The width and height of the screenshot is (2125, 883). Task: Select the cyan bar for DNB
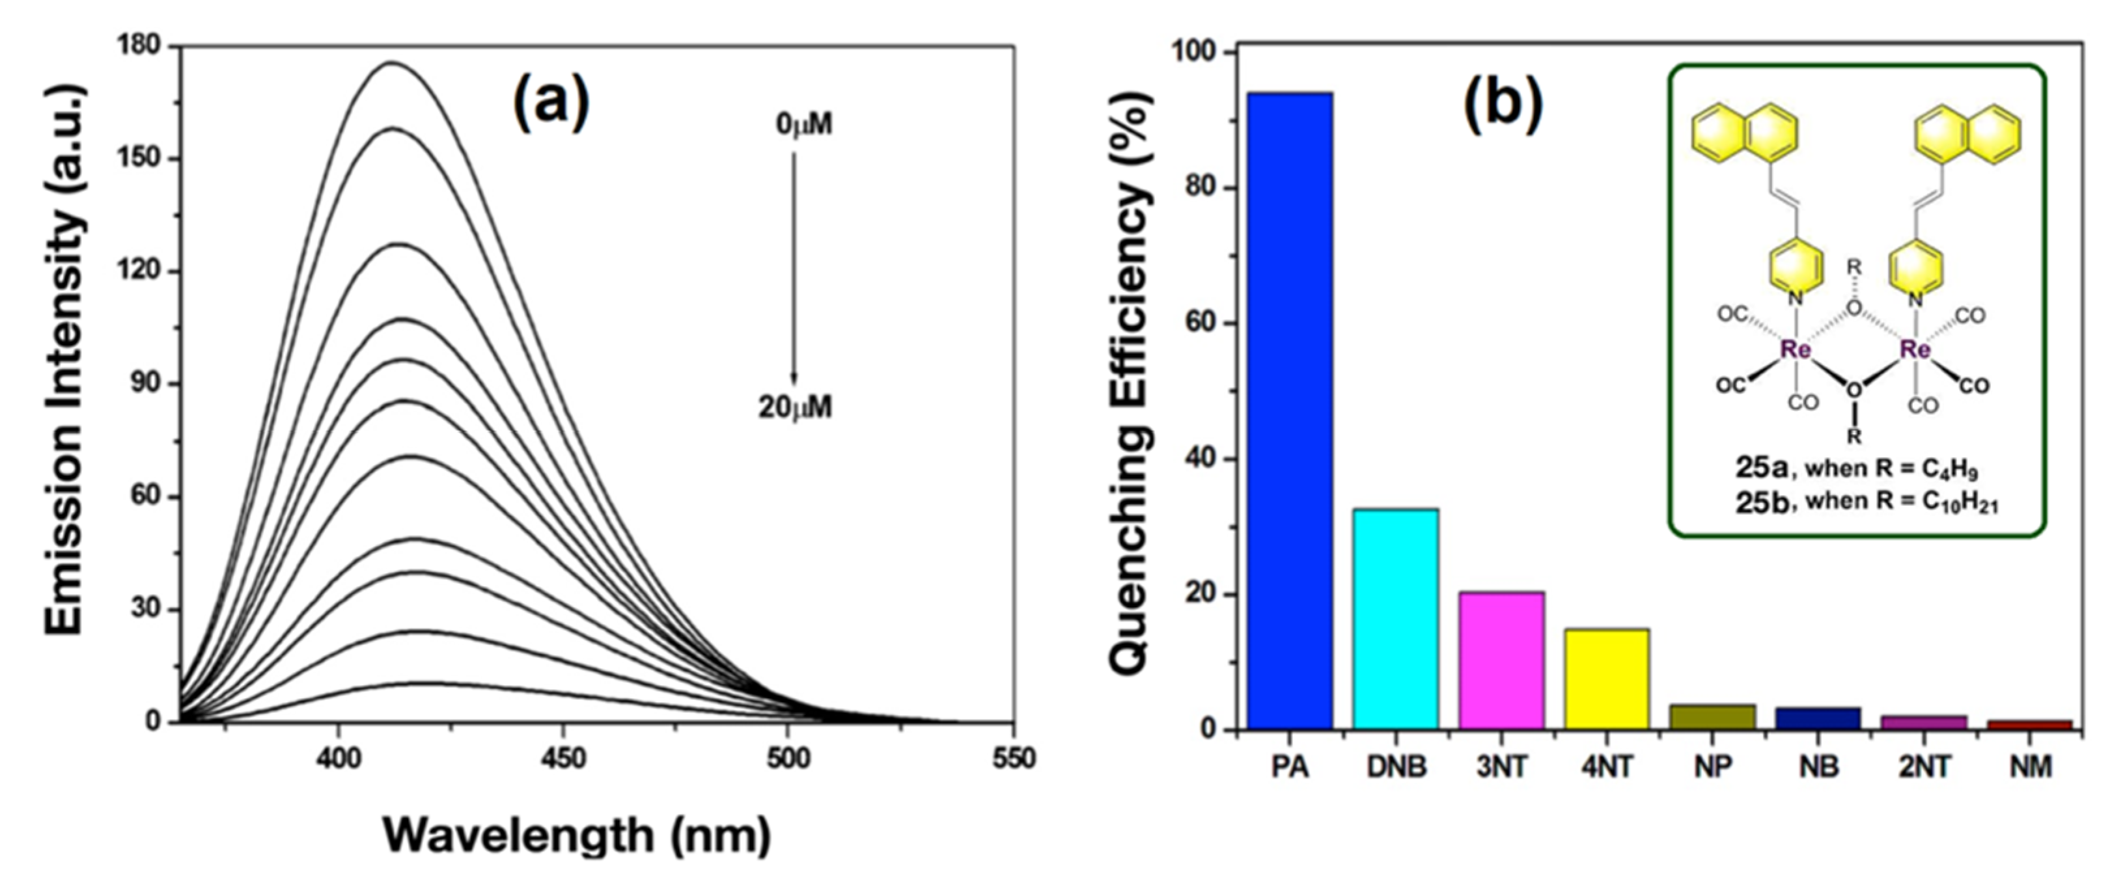tap(1395, 618)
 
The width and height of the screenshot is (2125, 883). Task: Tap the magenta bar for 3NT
tap(1501, 660)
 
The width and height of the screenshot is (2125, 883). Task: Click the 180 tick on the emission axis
tap(140, 47)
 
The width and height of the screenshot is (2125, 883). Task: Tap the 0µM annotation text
tap(803, 124)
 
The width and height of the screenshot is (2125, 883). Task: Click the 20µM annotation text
tap(795, 407)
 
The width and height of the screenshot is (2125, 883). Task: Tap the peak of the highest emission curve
tap(392, 62)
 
